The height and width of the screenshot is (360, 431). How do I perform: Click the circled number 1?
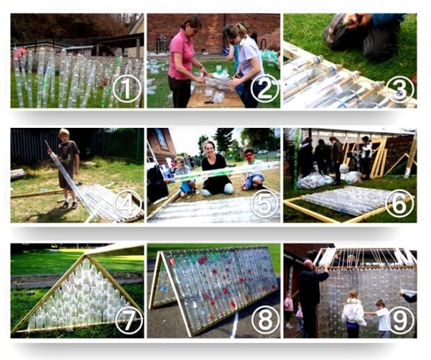click(x=126, y=88)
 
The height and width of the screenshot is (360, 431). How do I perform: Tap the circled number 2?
click(x=264, y=88)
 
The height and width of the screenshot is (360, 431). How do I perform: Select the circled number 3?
click(x=400, y=89)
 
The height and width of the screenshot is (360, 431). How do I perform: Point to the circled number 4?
click(x=126, y=204)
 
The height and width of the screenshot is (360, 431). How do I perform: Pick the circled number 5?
click(x=264, y=204)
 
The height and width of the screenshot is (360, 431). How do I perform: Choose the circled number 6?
click(x=400, y=204)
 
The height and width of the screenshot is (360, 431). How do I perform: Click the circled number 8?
click(x=264, y=319)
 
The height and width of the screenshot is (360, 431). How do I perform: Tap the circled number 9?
click(x=401, y=319)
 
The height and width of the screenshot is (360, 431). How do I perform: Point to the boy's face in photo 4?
click(x=65, y=136)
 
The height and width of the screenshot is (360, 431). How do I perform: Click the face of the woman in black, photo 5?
click(x=210, y=149)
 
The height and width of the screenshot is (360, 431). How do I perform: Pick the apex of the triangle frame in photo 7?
click(x=85, y=256)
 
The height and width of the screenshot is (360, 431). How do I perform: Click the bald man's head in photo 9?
click(x=309, y=264)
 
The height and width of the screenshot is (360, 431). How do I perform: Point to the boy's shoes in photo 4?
click(x=70, y=205)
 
